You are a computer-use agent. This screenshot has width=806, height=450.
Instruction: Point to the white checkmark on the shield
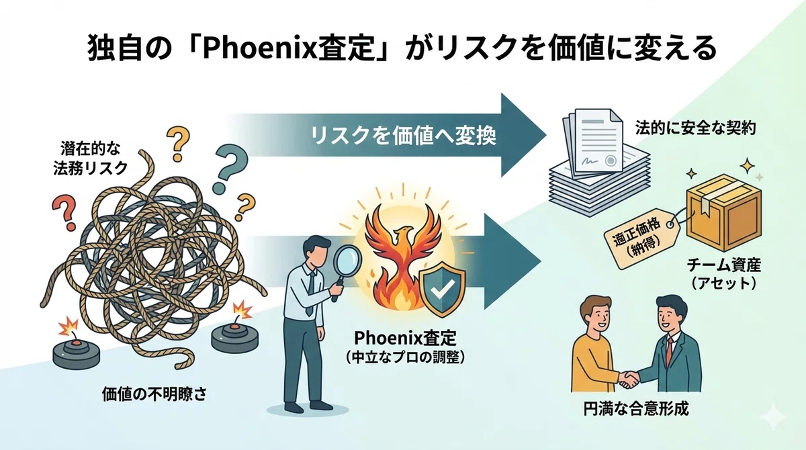click(x=443, y=288)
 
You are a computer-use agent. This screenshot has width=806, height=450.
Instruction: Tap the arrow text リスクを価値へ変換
click(x=404, y=136)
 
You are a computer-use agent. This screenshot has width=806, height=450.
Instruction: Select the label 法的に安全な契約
click(x=695, y=128)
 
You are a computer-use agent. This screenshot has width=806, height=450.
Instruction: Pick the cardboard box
click(x=723, y=213)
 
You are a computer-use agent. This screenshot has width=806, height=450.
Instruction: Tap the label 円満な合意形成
click(x=636, y=409)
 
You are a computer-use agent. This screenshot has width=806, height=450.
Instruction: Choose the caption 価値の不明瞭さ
click(x=154, y=394)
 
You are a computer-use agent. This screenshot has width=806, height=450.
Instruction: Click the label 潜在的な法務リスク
click(x=90, y=159)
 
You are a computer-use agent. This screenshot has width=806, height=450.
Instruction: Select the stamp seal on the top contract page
click(x=611, y=161)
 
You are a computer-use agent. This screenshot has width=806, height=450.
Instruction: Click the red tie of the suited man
click(x=669, y=351)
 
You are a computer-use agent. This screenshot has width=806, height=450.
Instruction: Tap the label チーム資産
click(x=723, y=266)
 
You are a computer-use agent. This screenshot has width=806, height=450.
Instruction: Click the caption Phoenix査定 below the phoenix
click(x=405, y=338)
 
